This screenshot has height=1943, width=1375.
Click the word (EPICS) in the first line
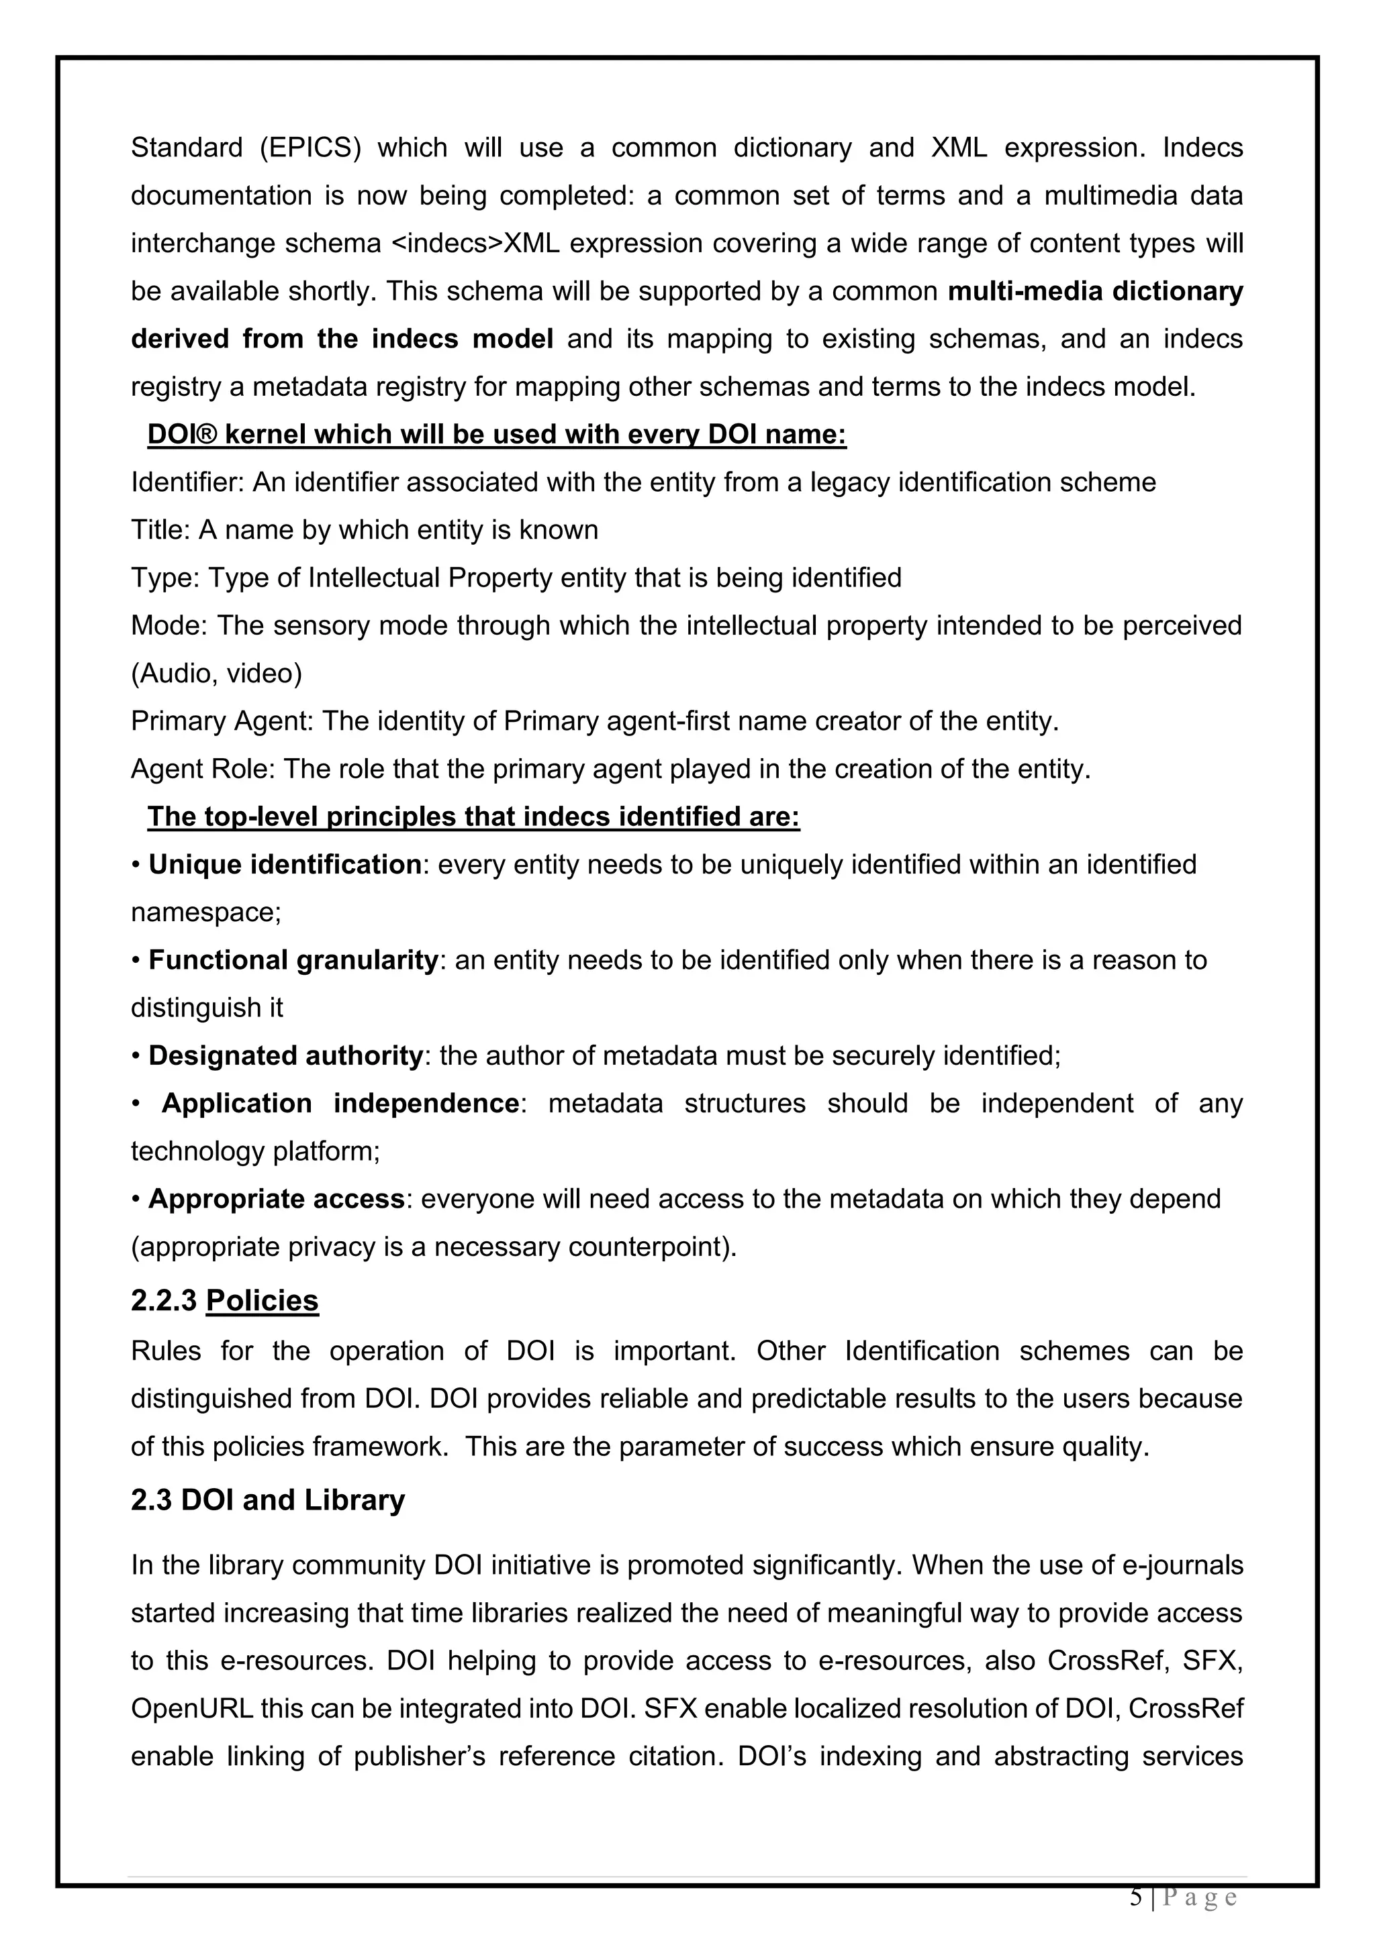pyautogui.click(x=309, y=148)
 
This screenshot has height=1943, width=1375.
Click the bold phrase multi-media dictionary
pyautogui.click(x=1095, y=291)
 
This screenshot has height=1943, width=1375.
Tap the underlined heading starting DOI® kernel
pyautogui.click(x=496, y=434)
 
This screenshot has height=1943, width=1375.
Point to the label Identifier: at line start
pyautogui.click(x=187, y=482)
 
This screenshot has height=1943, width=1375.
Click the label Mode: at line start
pyautogui.click(x=169, y=625)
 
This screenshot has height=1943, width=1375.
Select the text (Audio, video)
pyautogui.click(x=216, y=674)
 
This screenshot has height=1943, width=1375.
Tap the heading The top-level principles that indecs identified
pyautogui.click(x=473, y=817)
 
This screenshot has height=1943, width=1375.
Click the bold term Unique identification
pyautogui.click(x=285, y=865)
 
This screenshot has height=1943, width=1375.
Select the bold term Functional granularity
pyautogui.click(x=293, y=961)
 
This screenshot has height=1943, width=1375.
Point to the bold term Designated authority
pyautogui.click(x=285, y=1056)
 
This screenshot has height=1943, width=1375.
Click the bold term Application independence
pyautogui.click(x=340, y=1104)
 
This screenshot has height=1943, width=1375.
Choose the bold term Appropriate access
pyautogui.click(x=276, y=1199)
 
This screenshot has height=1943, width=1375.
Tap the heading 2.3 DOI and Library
pyautogui.click(x=268, y=1500)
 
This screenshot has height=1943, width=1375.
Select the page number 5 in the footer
pyautogui.click(x=1135, y=1897)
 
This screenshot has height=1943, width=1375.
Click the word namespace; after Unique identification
pyautogui.click(x=205, y=913)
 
